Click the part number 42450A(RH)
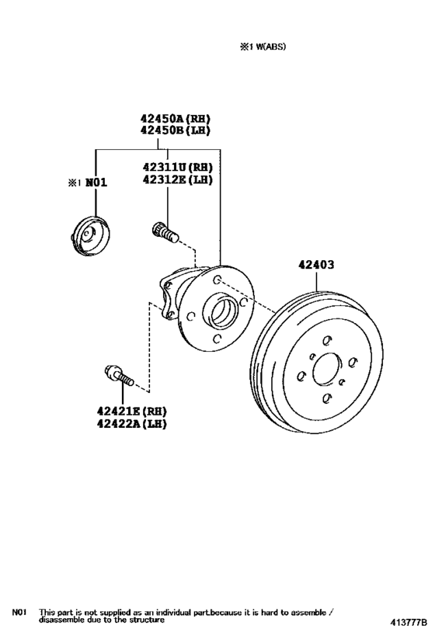point(176,119)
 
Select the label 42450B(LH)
point(176,130)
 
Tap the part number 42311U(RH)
point(177,167)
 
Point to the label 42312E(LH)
point(177,179)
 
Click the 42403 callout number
point(316,265)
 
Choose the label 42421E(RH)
point(131,412)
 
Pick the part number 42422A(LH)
point(131,424)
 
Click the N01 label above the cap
point(96,182)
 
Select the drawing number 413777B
point(409,622)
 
